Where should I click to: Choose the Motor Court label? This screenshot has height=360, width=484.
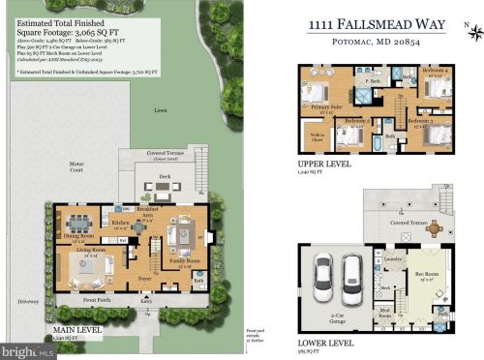point(76,164)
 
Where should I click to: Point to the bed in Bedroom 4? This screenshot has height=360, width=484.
point(439,89)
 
